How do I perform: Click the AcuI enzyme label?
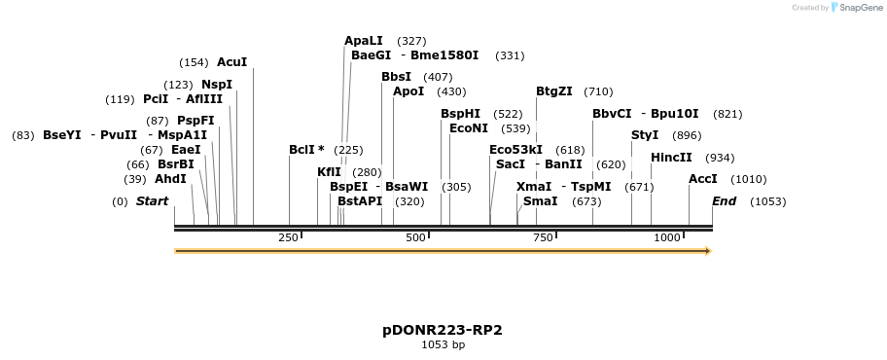pyautogui.click(x=231, y=62)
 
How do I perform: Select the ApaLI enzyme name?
pyautogui.click(x=364, y=41)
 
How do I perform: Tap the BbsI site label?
pyautogui.click(x=396, y=77)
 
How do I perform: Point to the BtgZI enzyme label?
pyautogui.click(x=553, y=91)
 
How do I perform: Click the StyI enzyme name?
pyautogui.click(x=645, y=135)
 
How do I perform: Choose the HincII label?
pyautogui.click(x=671, y=157)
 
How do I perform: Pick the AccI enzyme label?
pyautogui.click(x=702, y=179)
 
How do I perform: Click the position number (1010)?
pyautogui.click(x=748, y=179)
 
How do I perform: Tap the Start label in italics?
pyautogui.click(x=152, y=201)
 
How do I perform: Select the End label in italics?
pyautogui.click(x=724, y=201)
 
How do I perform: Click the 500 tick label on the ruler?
pyautogui.click(x=416, y=237)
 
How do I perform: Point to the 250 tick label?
pyautogui.click(x=288, y=237)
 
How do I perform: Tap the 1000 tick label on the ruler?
pyautogui.click(x=667, y=237)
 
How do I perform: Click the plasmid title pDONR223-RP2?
pyautogui.click(x=443, y=330)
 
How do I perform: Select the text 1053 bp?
pyautogui.click(x=443, y=344)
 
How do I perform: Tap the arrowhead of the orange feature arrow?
pyautogui.click(x=708, y=251)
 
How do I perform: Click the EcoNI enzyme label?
pyautogui.click(x=469, y=128)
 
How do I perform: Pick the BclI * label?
pyautogui.click(x=306, y=150)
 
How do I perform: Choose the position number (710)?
pyautogui.click(x=598, y=91)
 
